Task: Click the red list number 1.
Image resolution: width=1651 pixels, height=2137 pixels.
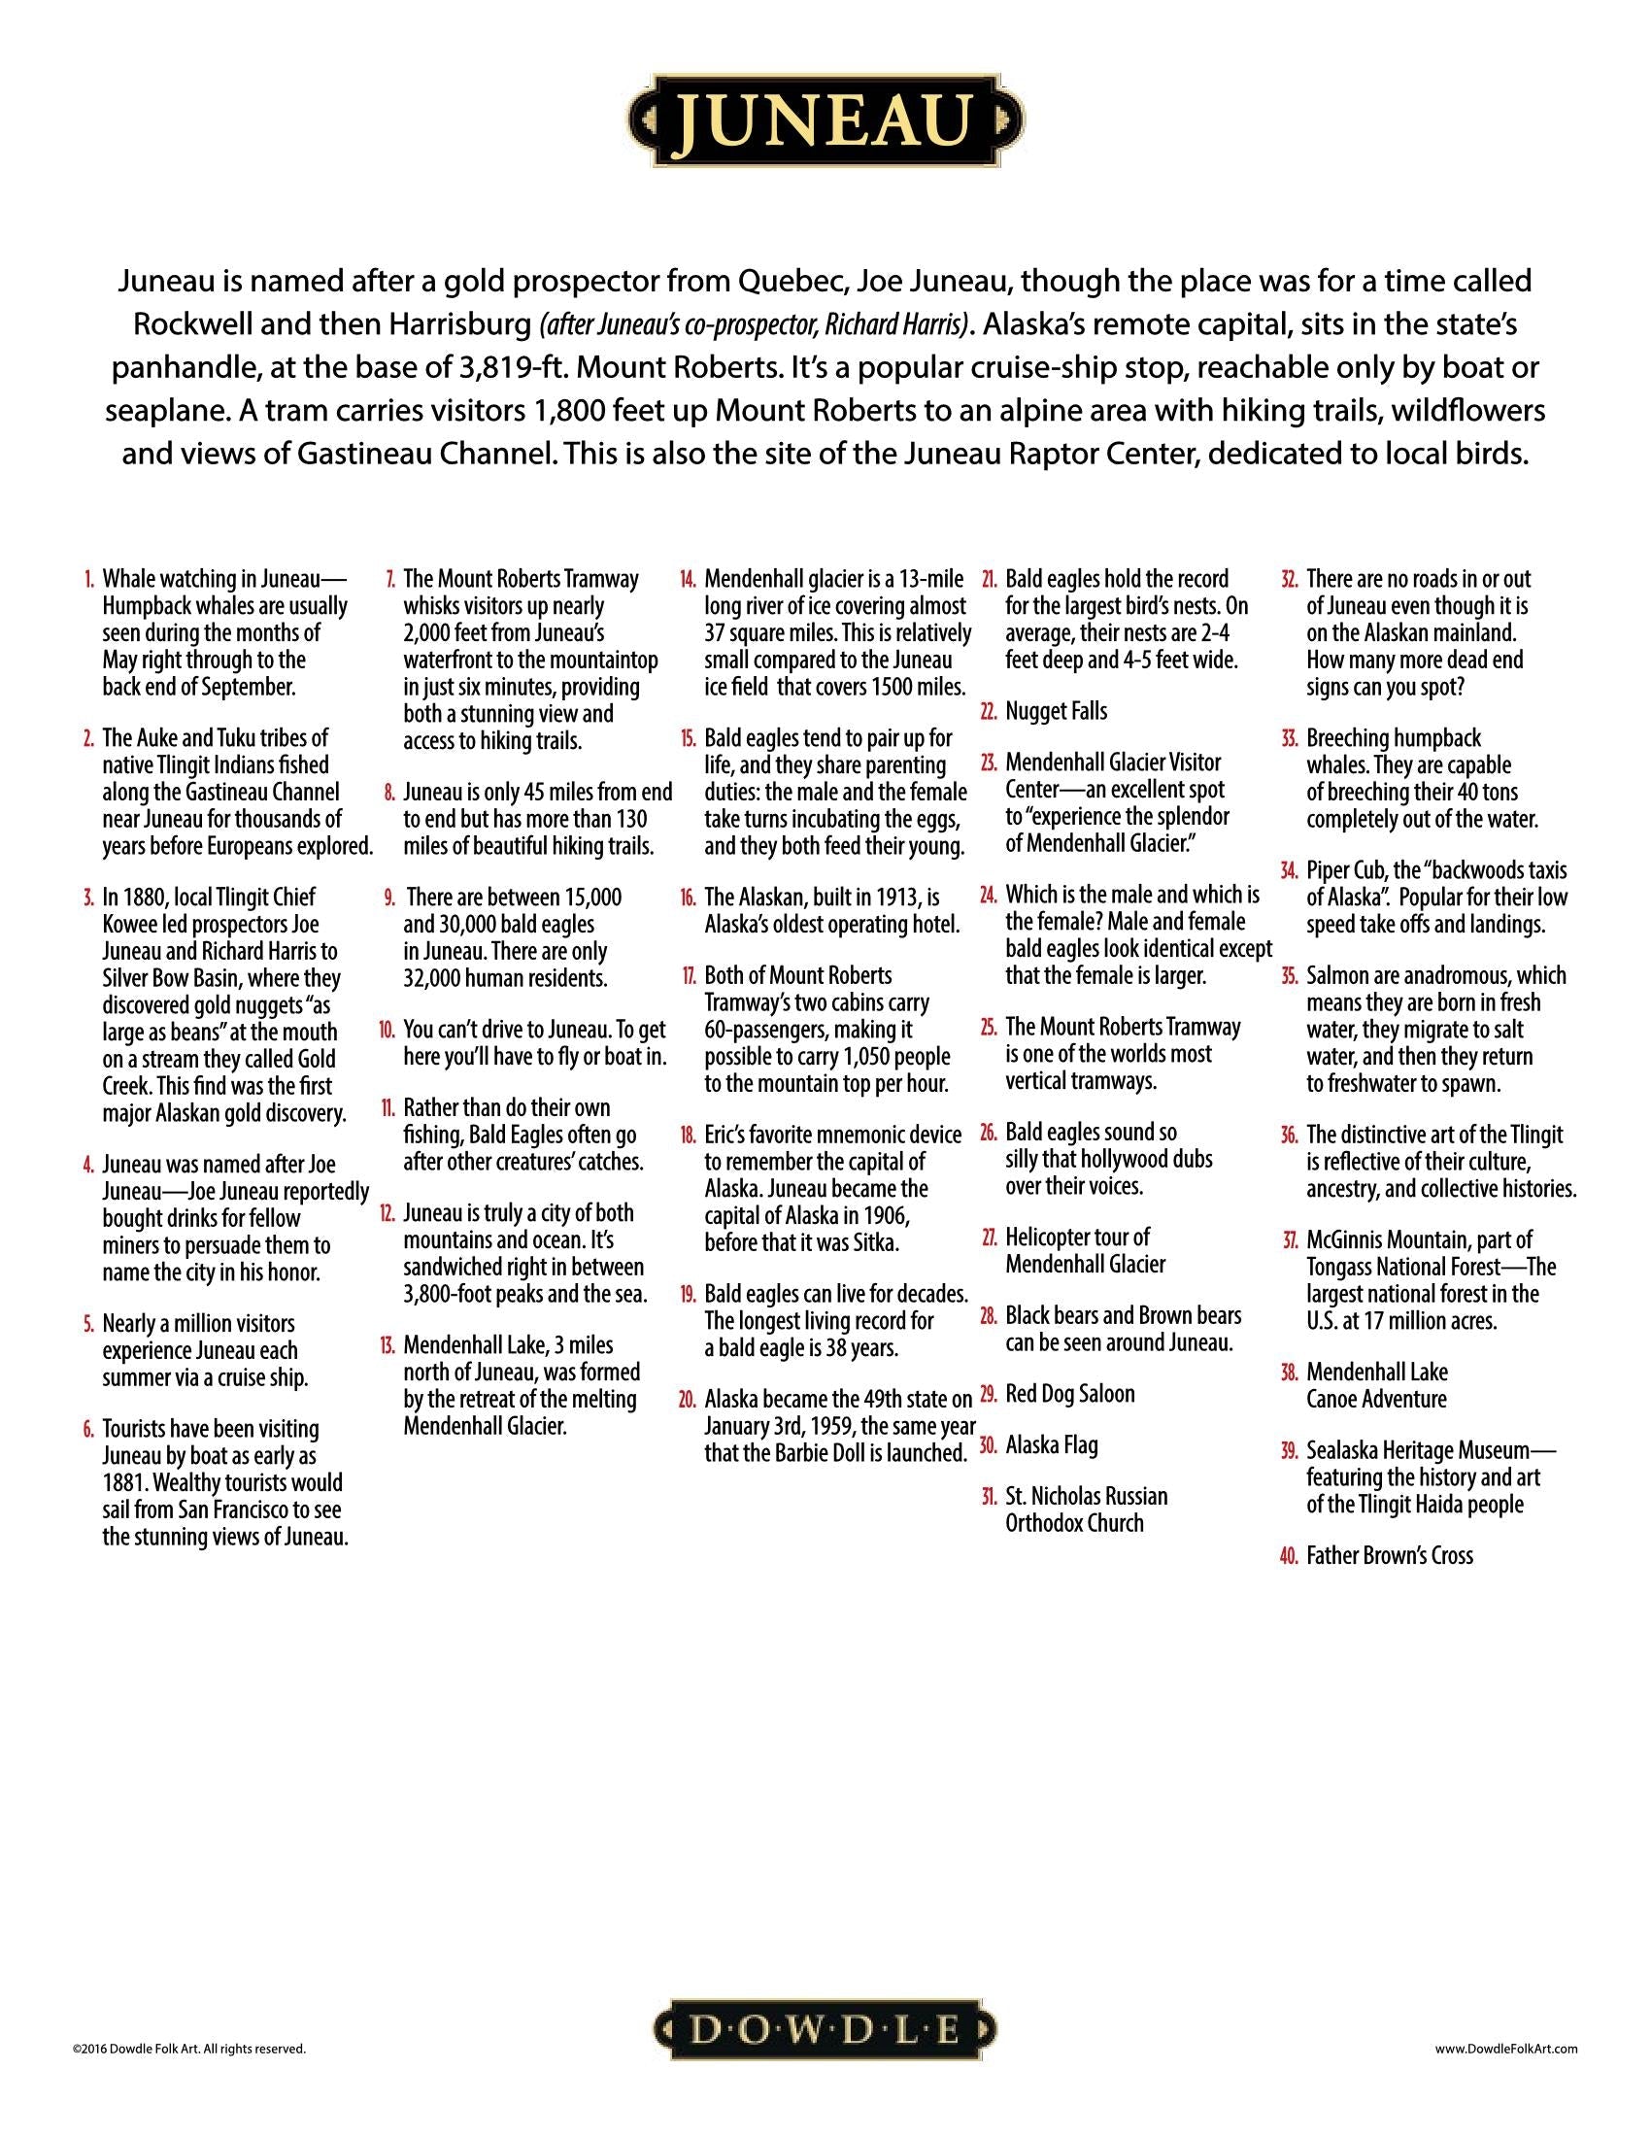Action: [x=90, y=579]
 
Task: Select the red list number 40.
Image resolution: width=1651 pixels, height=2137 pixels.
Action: [x=1288, y=1557]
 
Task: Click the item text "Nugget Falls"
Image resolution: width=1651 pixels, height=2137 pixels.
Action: [x=1057, y=711]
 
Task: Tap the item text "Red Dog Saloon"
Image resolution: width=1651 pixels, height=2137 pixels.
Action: [x=1070, y=1394]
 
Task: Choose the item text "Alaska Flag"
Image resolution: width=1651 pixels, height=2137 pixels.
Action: [x=1052, y=1445]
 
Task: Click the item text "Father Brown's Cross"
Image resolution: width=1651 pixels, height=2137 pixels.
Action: [x=1389, y=1557]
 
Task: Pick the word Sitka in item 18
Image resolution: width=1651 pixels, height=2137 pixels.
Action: [x=876, y=1242]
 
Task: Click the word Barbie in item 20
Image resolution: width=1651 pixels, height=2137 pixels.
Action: [x=831, y=1453]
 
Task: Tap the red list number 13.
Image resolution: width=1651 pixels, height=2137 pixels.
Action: [x=387, y=1345]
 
